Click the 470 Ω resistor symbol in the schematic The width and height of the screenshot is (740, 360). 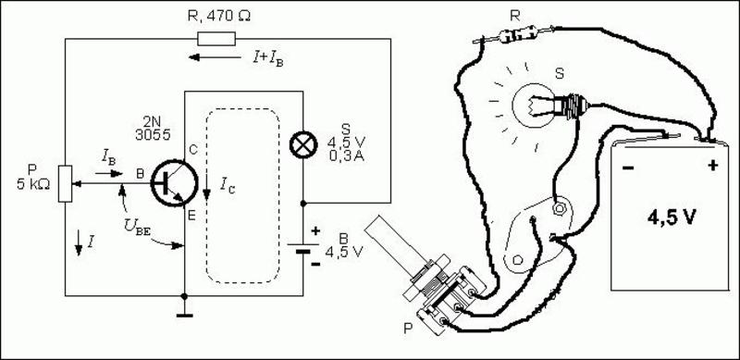pos(216,39)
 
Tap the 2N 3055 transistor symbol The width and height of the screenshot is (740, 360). pos(175,183)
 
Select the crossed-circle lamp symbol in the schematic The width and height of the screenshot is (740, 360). pos(302,145)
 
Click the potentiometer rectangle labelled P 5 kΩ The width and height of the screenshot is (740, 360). pos(65,184)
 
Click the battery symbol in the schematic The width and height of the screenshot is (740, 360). pos(303,249)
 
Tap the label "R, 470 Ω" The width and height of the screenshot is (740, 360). pos(219,16)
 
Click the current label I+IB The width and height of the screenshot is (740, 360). pos(268,59)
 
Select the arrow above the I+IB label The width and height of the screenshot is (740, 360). pos(215,57)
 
